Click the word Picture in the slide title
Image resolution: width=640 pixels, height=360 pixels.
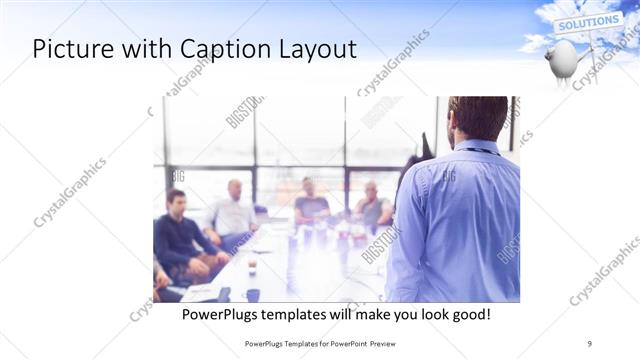(x=71, y=49)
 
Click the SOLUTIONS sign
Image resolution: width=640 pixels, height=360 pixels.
(x=589, y=22)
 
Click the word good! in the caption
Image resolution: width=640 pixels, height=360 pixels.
(x=468, y=314)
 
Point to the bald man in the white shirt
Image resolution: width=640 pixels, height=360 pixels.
(x=234, y=210)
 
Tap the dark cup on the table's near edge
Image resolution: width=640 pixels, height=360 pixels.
(x=253, y=294)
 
